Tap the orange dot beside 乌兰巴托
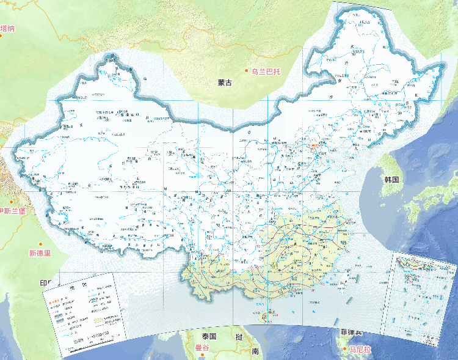[247, 72]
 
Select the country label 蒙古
[225, 83]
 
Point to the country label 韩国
[391, 180]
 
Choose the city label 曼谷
[202, 348]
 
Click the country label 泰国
[209, 336]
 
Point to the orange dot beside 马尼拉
[344, 349]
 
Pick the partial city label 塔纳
[7, 28]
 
